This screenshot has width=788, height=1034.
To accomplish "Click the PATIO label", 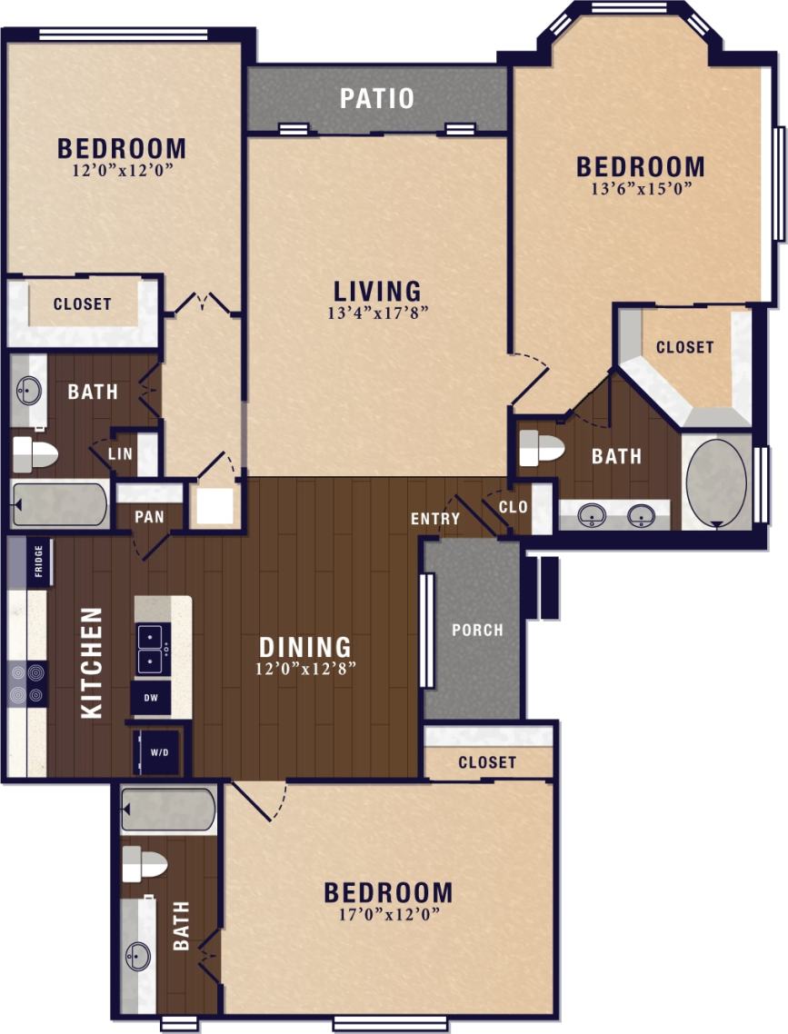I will coord(377,98).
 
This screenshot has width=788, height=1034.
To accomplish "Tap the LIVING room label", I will coord(377,291).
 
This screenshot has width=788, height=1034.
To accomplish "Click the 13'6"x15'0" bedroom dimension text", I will coord(641,189).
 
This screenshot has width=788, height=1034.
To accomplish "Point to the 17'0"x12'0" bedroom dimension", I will coord(388,914).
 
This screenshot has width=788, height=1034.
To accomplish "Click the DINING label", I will coord(305,647).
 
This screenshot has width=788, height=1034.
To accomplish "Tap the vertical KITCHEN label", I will coord(92,662).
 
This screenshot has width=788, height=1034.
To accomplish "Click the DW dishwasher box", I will coord(150,699).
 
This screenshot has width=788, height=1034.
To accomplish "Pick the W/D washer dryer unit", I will coord(159,751).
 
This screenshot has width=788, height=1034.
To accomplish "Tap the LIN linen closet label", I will coord(123,452).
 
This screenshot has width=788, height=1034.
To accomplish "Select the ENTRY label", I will coord(435,519).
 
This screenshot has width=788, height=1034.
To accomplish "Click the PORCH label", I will coord(477,630).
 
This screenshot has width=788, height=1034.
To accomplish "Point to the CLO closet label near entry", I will coord(514,507).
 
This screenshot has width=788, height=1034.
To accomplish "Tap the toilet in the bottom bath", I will coord(143,864).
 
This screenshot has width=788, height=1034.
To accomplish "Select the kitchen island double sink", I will coord(150,648).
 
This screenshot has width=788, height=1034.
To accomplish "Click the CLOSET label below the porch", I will coord(487,762).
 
